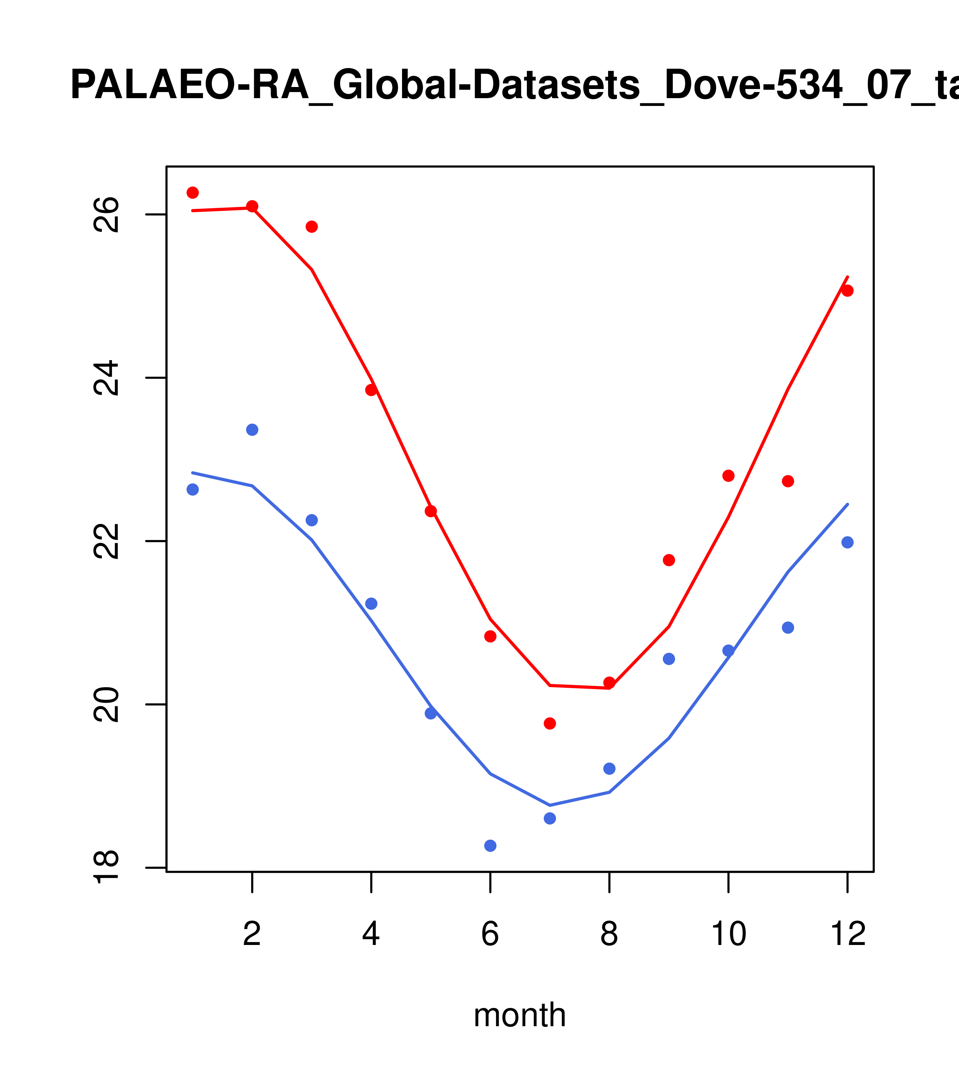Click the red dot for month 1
(x=193, y=192)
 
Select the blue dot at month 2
(x=252, y=430)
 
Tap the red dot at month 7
(x=550, y=723)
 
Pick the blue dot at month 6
(x=490, y=846)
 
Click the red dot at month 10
(x=728, y=476)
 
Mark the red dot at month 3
(x=312, y=226)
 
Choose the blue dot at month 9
(x=669, y=659)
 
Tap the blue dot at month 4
(x=372, y=603)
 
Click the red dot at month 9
(x=669, y=560)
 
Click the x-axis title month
(x=520, y=1015)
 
